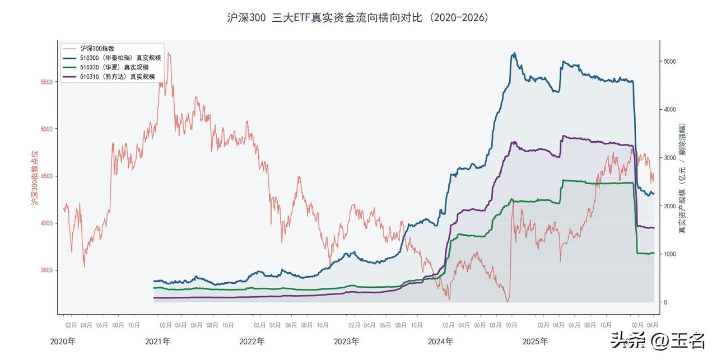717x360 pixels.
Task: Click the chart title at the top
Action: (x=358, y=17)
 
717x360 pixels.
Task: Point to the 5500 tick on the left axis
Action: (x=46, y=82)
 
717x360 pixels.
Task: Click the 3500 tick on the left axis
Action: (x=46, y=270)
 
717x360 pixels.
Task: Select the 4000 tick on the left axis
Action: (x=46, y=223)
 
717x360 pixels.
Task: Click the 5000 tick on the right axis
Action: (x=670, y=61)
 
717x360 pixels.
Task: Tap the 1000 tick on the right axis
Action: (x=670, y=254)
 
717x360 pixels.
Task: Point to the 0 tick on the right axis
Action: (x=666, y=302)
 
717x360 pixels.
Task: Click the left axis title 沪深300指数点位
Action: (x=34, y=177)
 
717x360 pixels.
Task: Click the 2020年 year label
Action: (x=63, y=341)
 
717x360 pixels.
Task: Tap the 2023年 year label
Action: (x=347, y=341)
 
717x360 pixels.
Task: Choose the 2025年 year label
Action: (x=536, y=341)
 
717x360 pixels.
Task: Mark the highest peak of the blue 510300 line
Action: (x=514, y=54)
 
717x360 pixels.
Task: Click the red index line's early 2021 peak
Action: (x=169, y=54)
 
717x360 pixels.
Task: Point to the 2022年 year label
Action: (x=252, y=341)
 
